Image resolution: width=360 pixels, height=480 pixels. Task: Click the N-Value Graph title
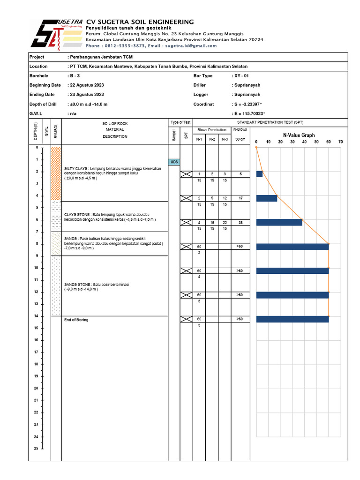(299, 135)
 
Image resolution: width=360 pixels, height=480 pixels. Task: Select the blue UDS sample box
(174, 162)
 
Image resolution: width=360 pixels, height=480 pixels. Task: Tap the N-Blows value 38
(240, 223)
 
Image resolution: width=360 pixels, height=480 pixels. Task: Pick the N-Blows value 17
(240, 198)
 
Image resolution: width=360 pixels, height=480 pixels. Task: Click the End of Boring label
(76, 320)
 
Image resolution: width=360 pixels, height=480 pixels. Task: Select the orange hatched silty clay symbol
(56, 173)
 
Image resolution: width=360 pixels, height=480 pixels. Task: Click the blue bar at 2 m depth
(260, 174)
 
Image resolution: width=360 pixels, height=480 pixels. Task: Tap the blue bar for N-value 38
(279, 222)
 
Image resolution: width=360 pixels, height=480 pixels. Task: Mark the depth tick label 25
(36, 449)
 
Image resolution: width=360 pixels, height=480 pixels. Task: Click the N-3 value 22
(225, 223)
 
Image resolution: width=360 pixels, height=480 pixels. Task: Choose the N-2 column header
(212, 139)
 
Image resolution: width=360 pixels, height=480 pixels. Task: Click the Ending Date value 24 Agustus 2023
(87, 95)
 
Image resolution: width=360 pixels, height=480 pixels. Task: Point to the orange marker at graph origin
(256, 147)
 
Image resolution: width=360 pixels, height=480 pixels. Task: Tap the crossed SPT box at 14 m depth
(186, 319)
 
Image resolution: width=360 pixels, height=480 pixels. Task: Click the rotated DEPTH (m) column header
(35, 131)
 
